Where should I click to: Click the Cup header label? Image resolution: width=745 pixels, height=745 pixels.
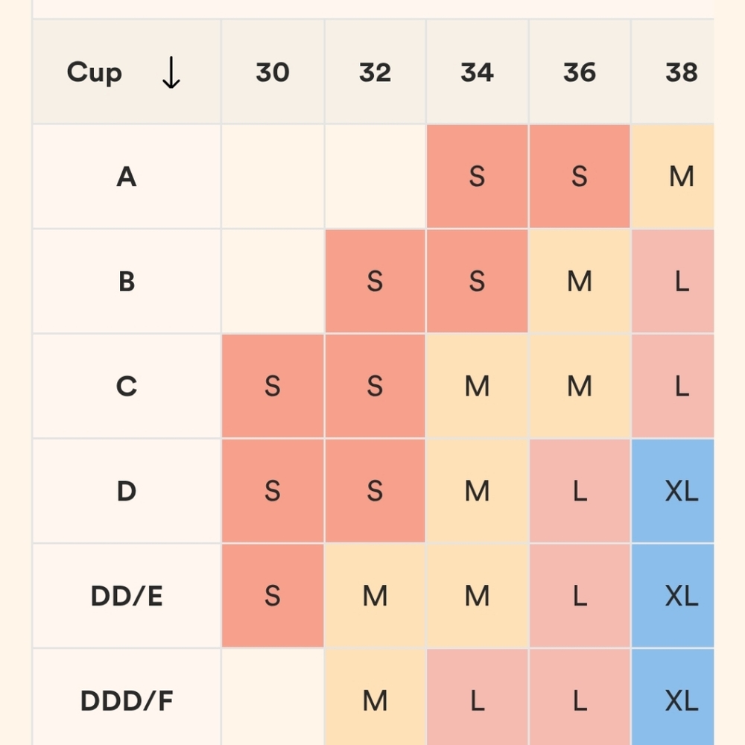click(94, 72)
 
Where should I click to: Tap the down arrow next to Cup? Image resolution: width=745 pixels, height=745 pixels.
click(171, 72)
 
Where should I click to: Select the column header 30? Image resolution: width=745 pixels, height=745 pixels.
click(273, 72)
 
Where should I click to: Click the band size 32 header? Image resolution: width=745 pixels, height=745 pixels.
click(375, 72)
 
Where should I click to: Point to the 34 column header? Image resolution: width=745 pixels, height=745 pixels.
click(477, 72)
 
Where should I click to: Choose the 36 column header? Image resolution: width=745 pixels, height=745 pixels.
click(580, 72)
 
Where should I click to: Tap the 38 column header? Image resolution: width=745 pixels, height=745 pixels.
click(681, 72)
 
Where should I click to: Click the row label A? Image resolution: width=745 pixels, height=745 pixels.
click(127, 177)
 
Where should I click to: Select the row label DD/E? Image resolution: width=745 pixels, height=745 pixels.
click(127, 596)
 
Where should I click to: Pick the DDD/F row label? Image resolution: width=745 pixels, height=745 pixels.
click(127, 700)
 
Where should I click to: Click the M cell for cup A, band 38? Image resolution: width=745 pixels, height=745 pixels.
click(681, 177)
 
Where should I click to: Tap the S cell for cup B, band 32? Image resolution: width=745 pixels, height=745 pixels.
click(375, 282)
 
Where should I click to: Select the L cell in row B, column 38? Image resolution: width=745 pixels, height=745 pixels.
click(681, 282)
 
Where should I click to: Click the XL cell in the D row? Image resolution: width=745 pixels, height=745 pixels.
click(681, 491)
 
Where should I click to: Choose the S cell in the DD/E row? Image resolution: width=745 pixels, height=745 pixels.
click(273, 596)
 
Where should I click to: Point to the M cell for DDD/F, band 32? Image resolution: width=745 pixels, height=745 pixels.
click(375, 700)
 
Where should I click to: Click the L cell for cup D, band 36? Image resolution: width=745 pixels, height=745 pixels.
click(580, 491)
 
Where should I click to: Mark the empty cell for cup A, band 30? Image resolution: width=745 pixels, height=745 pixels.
click(273, 177)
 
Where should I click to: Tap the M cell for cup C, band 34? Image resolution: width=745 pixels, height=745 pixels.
click(477, 387)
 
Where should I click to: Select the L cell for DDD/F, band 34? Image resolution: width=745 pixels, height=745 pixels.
click(477, 700)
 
